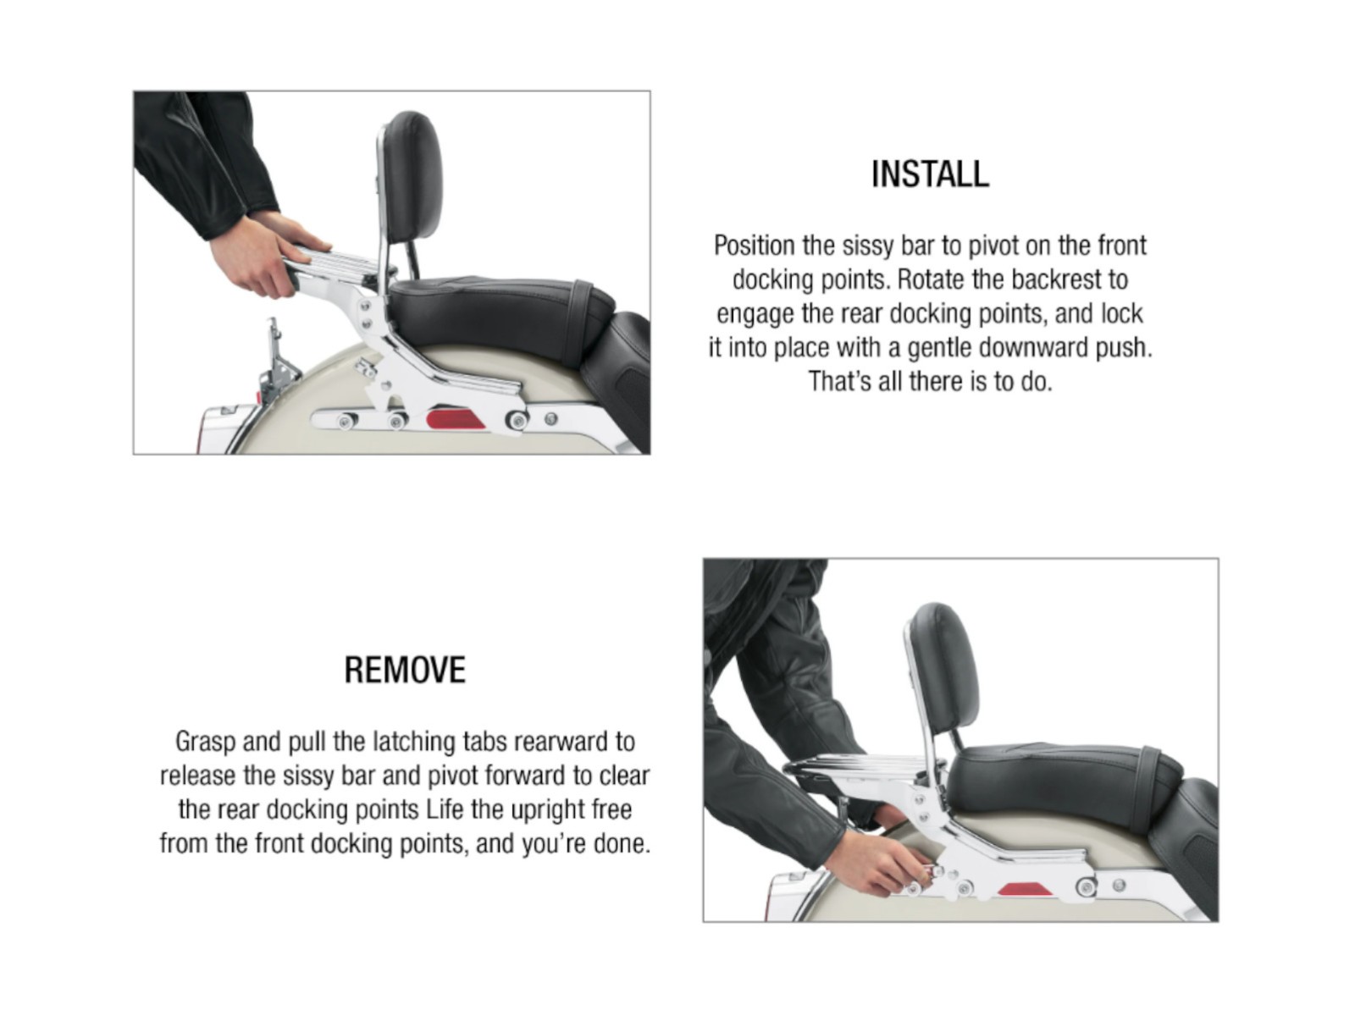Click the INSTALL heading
pos(930,174)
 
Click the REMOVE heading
pos(405,670)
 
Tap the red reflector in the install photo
pos(456,418)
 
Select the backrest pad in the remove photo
pos(945,666)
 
